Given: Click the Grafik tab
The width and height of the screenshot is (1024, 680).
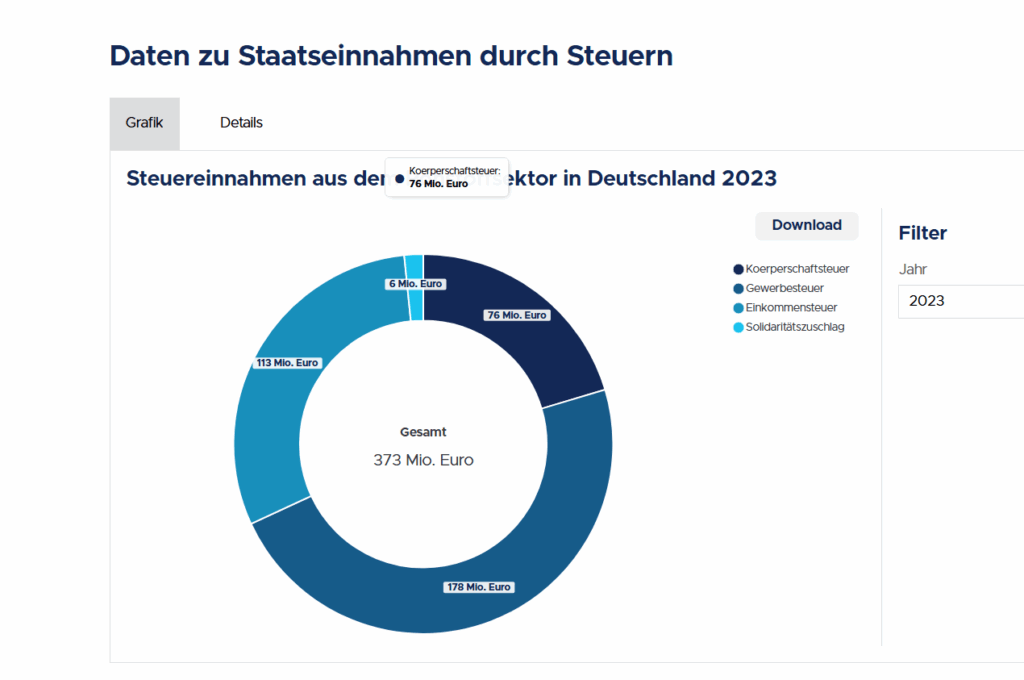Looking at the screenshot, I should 144,123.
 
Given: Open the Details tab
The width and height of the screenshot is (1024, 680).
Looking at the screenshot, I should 241,123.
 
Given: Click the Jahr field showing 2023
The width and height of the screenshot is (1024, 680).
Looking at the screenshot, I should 960,300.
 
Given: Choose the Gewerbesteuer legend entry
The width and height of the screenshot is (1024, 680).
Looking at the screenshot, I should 783,288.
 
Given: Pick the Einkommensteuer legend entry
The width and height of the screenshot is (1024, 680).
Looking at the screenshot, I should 791,307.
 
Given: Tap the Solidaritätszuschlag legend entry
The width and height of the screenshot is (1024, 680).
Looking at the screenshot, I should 795,327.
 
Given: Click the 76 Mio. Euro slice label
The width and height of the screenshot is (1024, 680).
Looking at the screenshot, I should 517,315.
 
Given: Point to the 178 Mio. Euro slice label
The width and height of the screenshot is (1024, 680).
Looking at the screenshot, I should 479,587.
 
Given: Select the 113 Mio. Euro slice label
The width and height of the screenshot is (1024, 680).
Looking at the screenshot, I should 289,363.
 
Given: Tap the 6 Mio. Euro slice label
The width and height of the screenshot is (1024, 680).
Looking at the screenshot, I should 415,284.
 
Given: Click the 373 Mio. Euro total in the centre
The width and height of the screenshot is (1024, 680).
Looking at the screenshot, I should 423,460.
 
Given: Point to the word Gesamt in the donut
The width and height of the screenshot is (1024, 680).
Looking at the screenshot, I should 423,432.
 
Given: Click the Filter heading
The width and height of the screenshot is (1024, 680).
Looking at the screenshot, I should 922,233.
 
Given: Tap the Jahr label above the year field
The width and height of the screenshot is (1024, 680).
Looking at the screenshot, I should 911,269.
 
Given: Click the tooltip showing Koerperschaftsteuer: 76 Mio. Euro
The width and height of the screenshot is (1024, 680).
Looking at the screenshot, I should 446,177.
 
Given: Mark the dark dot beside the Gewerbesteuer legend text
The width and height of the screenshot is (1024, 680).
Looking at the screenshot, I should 738,288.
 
